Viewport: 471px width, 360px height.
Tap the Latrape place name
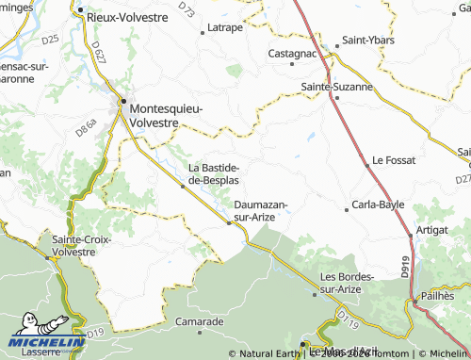(224, 27)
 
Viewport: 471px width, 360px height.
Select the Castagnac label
(292, 54)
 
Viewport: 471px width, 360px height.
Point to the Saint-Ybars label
(367, 41)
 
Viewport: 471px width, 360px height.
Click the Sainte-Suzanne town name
(336, 86)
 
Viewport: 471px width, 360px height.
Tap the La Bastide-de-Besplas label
(214, 173)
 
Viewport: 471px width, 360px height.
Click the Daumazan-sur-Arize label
(260, 210)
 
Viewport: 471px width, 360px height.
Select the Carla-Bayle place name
(377, 204)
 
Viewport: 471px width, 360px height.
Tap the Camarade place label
(199, 321)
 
